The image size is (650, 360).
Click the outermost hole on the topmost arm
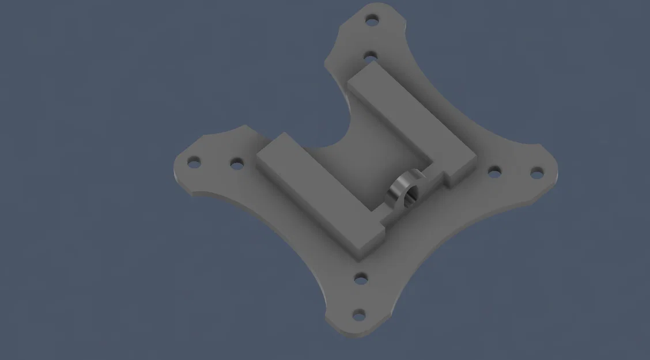[x=373, y=20]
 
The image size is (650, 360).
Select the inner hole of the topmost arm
[x=371, y=56]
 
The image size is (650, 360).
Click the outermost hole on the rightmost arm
[x=536, y=172]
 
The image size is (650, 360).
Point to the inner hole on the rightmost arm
[x=494, y=170]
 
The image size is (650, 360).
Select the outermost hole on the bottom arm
[x=358, y=314]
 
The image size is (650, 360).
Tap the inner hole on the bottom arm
[x=361, y=279]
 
